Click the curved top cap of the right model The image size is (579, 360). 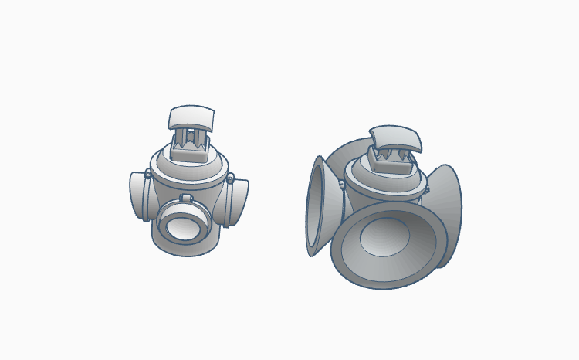tap(396, 137)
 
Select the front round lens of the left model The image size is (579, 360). tap(184, 226)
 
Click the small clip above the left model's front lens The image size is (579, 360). tap(186, 199)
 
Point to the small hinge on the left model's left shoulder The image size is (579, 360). tap(147, 174)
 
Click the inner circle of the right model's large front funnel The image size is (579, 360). tap(384, 236)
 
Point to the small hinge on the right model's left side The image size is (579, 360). tap(340, 184)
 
